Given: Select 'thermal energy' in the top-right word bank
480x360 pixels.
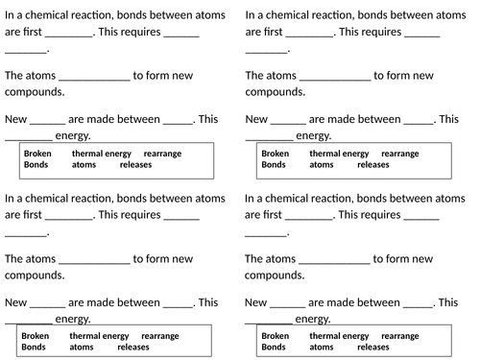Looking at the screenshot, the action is (x=339, y=153).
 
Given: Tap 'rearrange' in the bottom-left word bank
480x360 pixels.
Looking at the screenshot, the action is (x=159, y=336).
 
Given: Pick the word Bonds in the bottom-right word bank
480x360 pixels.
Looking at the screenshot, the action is (x=274, y=348).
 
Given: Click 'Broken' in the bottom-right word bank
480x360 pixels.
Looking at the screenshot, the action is (x=275, y=336).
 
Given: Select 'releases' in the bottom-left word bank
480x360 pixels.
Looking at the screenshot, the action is (x=133, y=348).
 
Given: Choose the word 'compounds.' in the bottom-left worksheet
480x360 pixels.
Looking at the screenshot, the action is (x=35, y=276).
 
